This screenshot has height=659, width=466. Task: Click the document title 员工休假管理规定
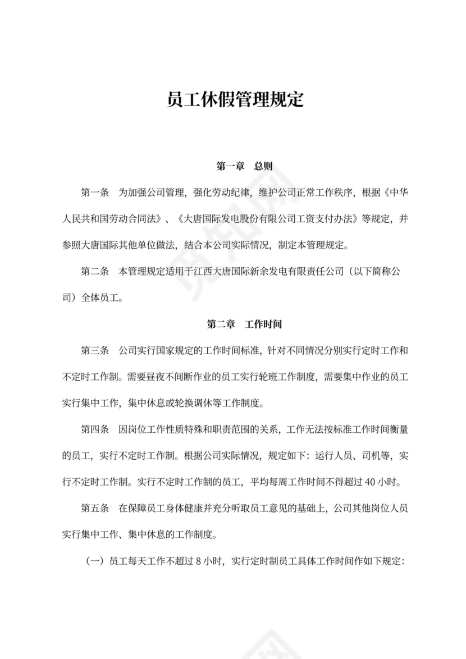point(236,100)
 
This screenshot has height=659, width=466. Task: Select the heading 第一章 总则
point(245,167)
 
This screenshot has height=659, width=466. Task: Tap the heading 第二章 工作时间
point(245,324)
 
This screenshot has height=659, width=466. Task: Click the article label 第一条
point(95,193)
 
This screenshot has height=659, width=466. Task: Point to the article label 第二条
point(95,272)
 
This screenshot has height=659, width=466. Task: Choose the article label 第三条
point(95,351)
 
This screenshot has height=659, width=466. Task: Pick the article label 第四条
point(95,430)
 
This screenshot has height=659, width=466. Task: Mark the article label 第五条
point(95,509)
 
